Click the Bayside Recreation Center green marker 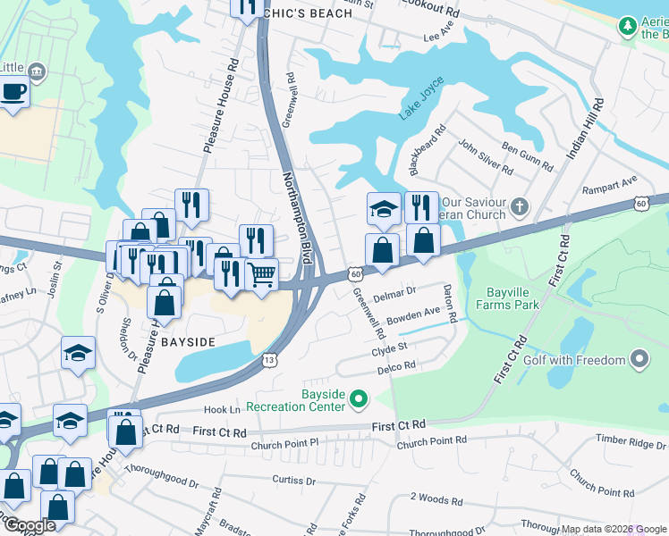(x=360, y=398)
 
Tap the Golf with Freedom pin (x=639, y=360)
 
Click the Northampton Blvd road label (x=298, y=217)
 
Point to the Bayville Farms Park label (x=512, y=298)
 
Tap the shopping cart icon (x=261, y=275)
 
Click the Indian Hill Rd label (x=583, y=130)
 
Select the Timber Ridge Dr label (x=630, y=441)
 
